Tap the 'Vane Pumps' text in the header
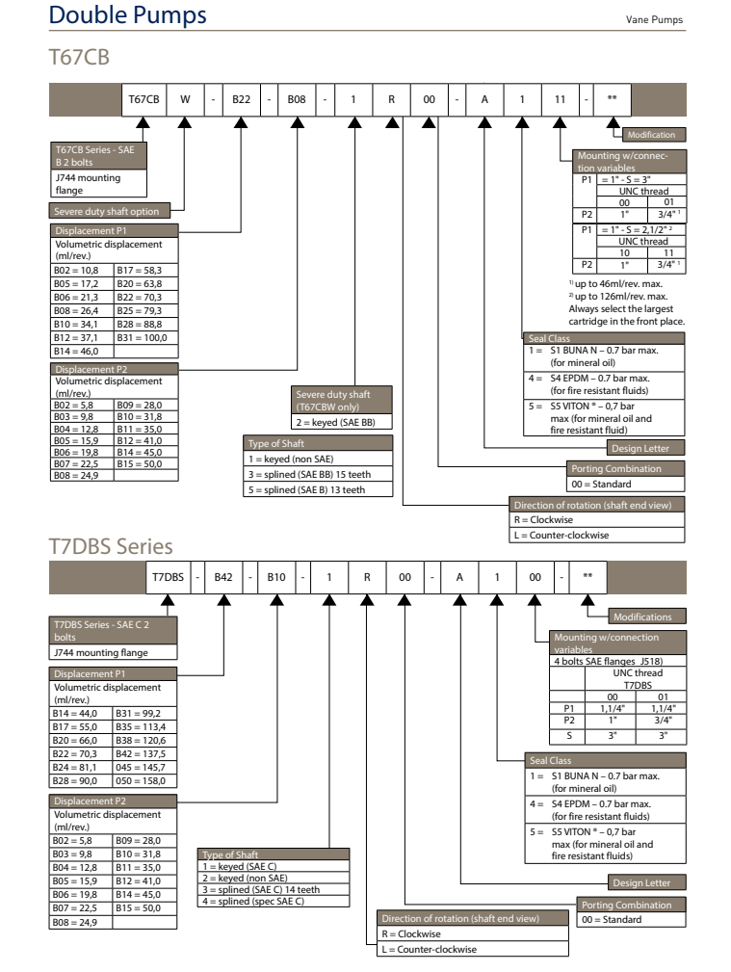[x=656, y=19]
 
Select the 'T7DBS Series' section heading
[x=111, y=547]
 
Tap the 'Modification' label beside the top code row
[x=655, y=134]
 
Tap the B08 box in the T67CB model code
[x=297, y=100]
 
